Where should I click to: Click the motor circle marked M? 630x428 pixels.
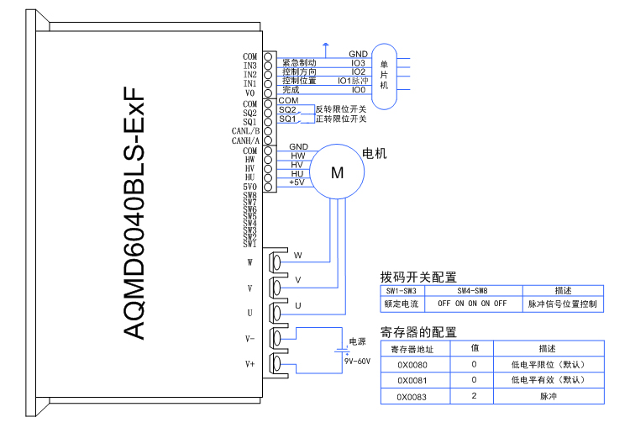[337, 172]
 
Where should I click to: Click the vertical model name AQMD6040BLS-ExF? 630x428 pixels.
[134, 214]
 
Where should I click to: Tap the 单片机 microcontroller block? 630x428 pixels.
[383, 75]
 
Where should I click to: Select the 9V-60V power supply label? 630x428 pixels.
[357, 361]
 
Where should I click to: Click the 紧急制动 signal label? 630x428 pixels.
[299, 62]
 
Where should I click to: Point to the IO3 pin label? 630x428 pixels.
[358, 62]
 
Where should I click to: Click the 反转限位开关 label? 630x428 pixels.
[340, 109]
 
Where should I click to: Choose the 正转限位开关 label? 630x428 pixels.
[340, 119]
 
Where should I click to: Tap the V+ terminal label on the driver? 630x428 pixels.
[249, 364]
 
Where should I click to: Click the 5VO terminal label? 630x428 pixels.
[249, 187]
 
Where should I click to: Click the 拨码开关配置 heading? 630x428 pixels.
[418, 277]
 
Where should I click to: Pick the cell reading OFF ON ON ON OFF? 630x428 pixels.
[472, 303]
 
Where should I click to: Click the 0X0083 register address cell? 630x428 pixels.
[412, 395]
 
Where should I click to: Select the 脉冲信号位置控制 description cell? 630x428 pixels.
[562, 303]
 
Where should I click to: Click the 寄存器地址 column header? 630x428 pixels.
[412, 349]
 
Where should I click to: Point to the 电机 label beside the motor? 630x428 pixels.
[374, 154]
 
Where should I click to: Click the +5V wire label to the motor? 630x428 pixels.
[297, 182]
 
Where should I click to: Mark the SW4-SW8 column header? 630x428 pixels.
[472, 290]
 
